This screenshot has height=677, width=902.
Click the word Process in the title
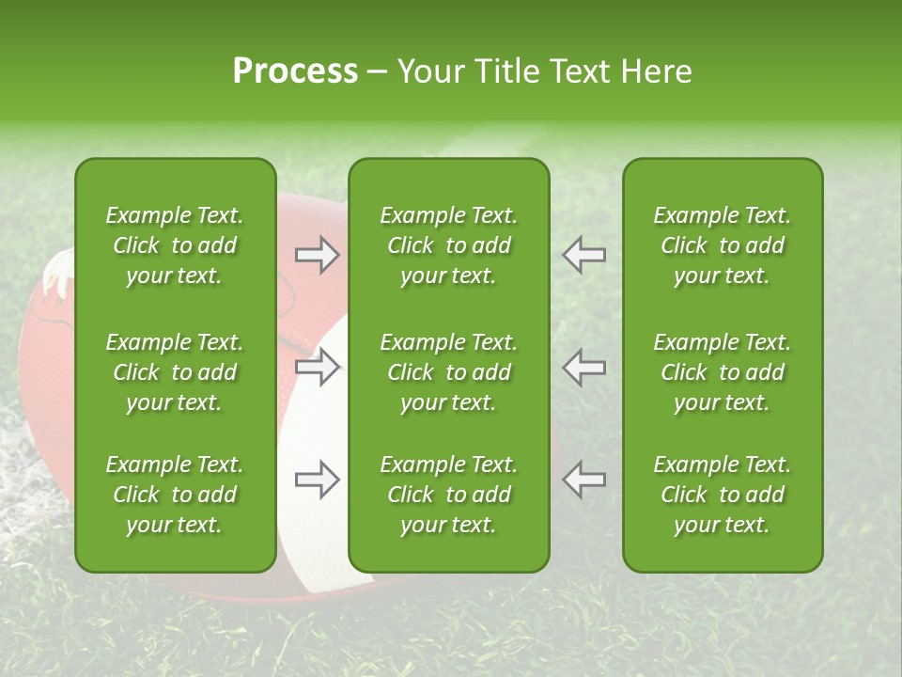(295, 71)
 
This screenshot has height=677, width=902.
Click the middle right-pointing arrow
(317, 367)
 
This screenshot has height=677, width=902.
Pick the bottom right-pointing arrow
(317, 480)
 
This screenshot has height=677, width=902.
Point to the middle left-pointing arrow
(584, 367)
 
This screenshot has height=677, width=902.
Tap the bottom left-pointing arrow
(584, 479)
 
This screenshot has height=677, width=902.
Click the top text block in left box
(175, 245)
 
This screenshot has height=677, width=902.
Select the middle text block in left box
(175, 372)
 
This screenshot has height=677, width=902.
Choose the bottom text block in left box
(175, 495)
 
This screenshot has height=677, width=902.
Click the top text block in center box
(448, 245)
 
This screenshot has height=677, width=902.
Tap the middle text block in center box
(448, 372)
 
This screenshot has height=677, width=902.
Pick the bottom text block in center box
(448, 495)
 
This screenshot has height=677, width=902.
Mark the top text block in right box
(722, 245)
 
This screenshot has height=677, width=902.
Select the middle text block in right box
(722, 372)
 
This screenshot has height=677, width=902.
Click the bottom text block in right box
(722, 495)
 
